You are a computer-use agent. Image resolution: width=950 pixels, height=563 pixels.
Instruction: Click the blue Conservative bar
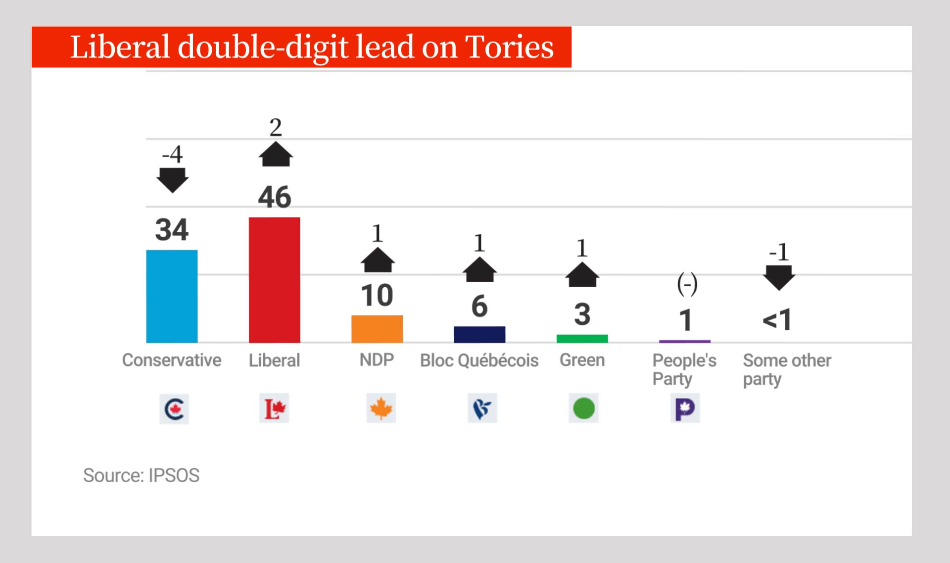point(172,296)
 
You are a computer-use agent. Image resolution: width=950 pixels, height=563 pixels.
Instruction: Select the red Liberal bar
point(274,280)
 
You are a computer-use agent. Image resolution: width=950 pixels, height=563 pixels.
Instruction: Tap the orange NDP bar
point(377,329)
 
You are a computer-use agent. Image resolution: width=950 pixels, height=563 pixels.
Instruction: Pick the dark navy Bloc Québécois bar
point(479,334)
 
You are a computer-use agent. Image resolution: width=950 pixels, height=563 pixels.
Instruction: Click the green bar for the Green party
point(582,339)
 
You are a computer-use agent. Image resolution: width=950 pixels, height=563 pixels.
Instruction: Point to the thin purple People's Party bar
point(684,341)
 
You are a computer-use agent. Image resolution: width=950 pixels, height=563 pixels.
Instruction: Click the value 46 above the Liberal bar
point(275,197)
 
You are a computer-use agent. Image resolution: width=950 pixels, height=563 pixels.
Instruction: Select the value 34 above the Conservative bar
point(172,230)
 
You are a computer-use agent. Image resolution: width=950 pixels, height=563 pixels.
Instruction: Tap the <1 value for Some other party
point(777,320)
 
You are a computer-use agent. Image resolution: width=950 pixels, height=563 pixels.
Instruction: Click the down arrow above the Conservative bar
point(172,180)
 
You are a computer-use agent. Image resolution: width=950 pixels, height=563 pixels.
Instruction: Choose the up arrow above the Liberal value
point(276,154)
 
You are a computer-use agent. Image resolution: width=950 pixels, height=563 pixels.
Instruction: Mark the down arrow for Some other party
point(779,277)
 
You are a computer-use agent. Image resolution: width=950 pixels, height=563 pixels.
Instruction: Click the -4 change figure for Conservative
point(172,154)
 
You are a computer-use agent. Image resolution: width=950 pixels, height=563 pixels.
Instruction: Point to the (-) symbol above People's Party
point(687,284)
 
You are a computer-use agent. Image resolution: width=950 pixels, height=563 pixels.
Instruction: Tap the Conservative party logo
point(174,409)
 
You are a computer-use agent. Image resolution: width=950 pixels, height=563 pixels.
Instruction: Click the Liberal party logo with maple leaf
point(274,409)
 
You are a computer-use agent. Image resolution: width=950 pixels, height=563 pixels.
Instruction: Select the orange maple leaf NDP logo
point(380,409)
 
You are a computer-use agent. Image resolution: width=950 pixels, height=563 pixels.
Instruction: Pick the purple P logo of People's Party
point(685,409)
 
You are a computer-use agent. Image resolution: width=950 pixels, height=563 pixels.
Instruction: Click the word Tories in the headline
point(509,48)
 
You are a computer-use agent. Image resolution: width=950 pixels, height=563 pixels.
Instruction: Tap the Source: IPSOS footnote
point(141,475)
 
